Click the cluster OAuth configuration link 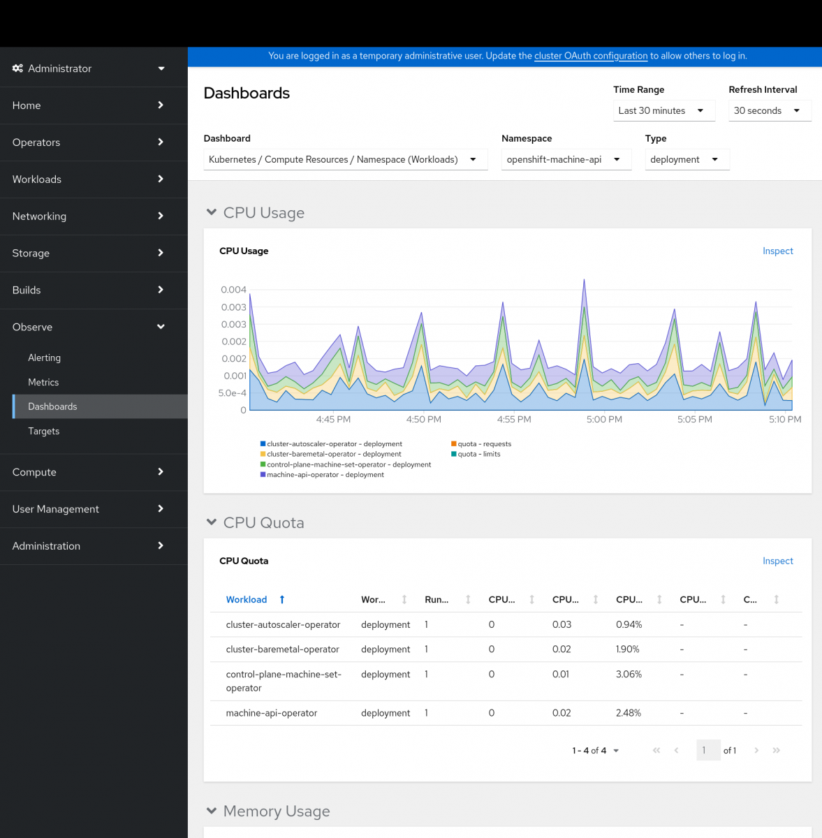(x=591, y=56)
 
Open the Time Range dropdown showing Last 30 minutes (x=663, y=110)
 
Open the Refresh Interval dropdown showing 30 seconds (x=769, y=110)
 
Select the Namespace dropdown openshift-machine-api (x=566, y=159)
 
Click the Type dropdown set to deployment (x=687, y=159)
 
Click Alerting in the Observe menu (x=44, y=358)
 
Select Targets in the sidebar (x=43, y=431)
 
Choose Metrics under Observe (x=43, y=382)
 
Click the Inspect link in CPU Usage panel (x=777, y=251)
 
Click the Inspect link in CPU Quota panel (x=777, y=561)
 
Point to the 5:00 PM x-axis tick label (x=604, y=420)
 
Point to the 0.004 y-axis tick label (x=233, y=290)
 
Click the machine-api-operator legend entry (x=325, y=475)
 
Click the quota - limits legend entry (x=478, y=454)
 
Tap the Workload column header (x=247, y=600)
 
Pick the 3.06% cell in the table (x=629, y=675)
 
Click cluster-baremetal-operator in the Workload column (x=282, y=649)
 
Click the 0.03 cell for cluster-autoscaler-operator (x=562, y=624)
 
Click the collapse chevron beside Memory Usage (x=212, y=811)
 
